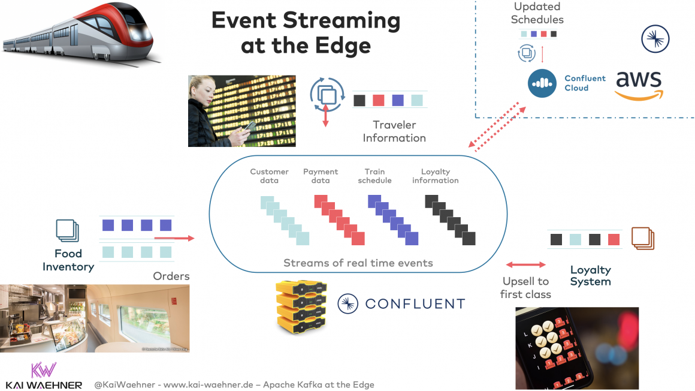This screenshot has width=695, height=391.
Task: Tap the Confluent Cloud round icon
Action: pos(542,83)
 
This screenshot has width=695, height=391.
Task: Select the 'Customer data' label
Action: pos(269,176)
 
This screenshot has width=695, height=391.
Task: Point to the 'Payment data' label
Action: pos(321,176)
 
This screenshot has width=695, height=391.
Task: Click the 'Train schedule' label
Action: pos(374,176)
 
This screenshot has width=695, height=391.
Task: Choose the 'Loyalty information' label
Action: pos(435,176)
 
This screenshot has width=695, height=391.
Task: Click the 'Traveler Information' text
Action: pos(394,131)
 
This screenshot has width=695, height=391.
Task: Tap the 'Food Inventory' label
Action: pos(68,260)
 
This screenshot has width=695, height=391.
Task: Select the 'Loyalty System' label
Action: pos(590,276)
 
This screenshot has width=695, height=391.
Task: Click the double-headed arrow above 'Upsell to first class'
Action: pos(526,264)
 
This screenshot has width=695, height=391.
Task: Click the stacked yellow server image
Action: pos(302,306)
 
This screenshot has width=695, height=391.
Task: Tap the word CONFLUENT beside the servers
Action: pos(415,304)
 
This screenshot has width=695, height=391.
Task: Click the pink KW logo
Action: pos(43,369)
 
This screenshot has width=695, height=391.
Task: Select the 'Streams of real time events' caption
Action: pos(358,263)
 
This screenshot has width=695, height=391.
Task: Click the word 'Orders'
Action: pos(171,276)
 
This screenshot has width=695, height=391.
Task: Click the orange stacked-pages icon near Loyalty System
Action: pos(643,239)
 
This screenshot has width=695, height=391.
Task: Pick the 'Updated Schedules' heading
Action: pos(537,13)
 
